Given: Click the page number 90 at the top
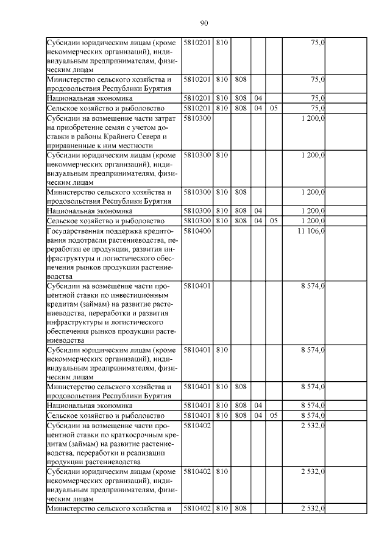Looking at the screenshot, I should pyautogui.click(x=204, y=23).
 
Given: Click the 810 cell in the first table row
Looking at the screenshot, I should pyautogui.click(x=221, y=43).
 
